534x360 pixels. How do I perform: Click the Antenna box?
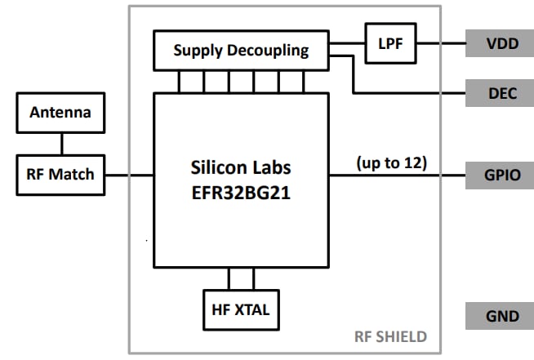tap(61, 113)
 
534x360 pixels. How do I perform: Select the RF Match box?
tap(61, 174)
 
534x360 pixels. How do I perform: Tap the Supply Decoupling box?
tap(241, 50)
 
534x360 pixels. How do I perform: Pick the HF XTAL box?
tap(241, 309)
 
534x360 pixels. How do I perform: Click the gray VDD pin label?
tap(500, 43)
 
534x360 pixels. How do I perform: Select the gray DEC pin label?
tap(500, 93)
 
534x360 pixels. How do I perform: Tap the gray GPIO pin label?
tap(500, 175)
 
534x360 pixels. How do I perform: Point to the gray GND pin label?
tap(500, 316)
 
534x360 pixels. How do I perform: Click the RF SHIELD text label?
tap(390, 337)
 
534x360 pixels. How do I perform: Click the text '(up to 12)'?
tap(392, 162)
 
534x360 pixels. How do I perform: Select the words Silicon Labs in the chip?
tap(241, 167)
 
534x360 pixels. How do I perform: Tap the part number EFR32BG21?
tap(241, 194)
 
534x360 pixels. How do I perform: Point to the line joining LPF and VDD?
tap(441, 43)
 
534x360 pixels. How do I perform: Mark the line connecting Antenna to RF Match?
tap(61, 144)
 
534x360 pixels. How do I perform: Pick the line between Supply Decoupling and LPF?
tap(346, 43)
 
